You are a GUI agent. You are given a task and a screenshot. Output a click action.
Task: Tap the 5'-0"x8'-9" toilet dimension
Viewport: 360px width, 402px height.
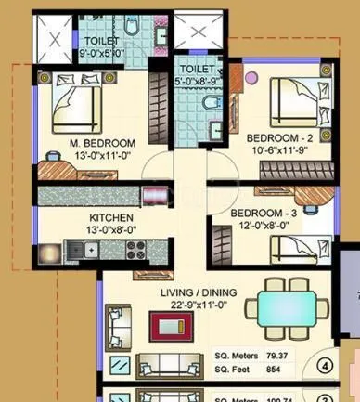(x=199, y=81)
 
